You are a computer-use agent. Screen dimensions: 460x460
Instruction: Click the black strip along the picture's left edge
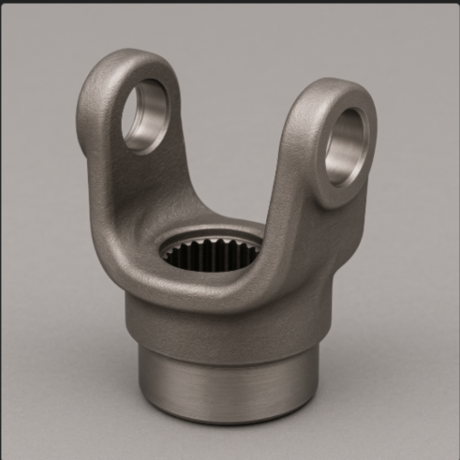click(x=2, y=230)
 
